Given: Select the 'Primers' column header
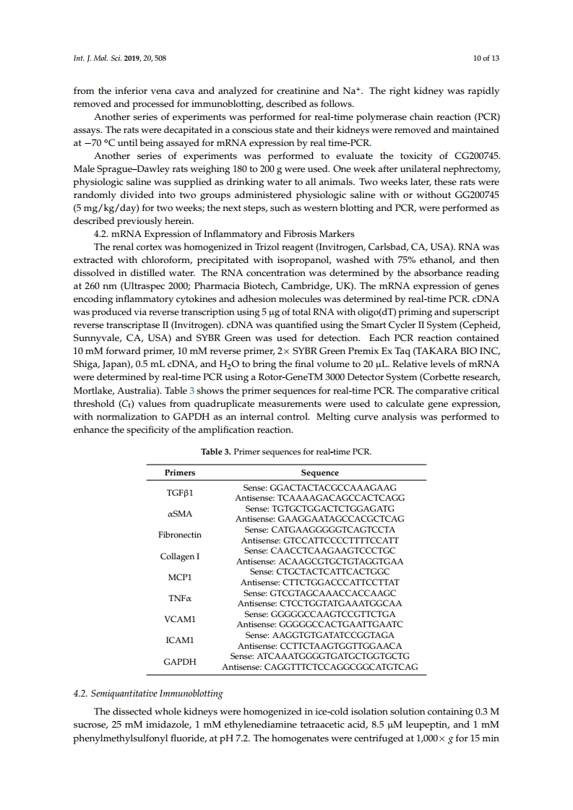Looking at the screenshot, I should (x=180, y=473).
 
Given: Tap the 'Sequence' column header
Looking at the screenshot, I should (x=319, y=473).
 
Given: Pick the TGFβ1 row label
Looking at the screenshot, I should (x=180, y=493).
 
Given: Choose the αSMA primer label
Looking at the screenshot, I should (x=180, y=514).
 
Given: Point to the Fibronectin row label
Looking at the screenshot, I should (x=180, y=535).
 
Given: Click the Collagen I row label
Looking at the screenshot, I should (x=180, y=556).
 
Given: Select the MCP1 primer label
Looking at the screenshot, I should (x=180, y=577).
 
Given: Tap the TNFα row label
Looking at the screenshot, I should (x=180, y=598).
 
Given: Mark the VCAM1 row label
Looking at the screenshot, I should (x=180, y=619).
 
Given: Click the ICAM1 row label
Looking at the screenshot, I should (x=180, y=639).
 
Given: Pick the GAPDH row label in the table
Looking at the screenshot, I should (x=180, y=660).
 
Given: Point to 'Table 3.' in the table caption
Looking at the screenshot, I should (x=216, y=452).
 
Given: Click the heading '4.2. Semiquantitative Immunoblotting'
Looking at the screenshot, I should (x=149, y=693).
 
